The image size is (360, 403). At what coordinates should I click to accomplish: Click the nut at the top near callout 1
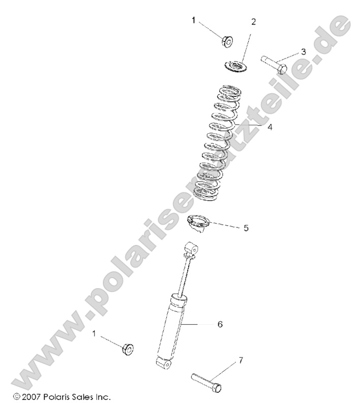[228, 40]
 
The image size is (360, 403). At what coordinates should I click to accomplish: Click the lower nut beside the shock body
[128, 349]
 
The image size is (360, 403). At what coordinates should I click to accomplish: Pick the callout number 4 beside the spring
[269, 127]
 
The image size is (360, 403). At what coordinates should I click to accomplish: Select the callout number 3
[303, 51]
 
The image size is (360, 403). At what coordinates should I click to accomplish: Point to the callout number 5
[246, 228]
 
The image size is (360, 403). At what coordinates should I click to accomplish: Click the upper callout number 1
[194, 20]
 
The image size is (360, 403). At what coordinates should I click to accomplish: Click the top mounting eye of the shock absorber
[192, 249]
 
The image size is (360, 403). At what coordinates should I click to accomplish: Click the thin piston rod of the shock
[184, 275]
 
